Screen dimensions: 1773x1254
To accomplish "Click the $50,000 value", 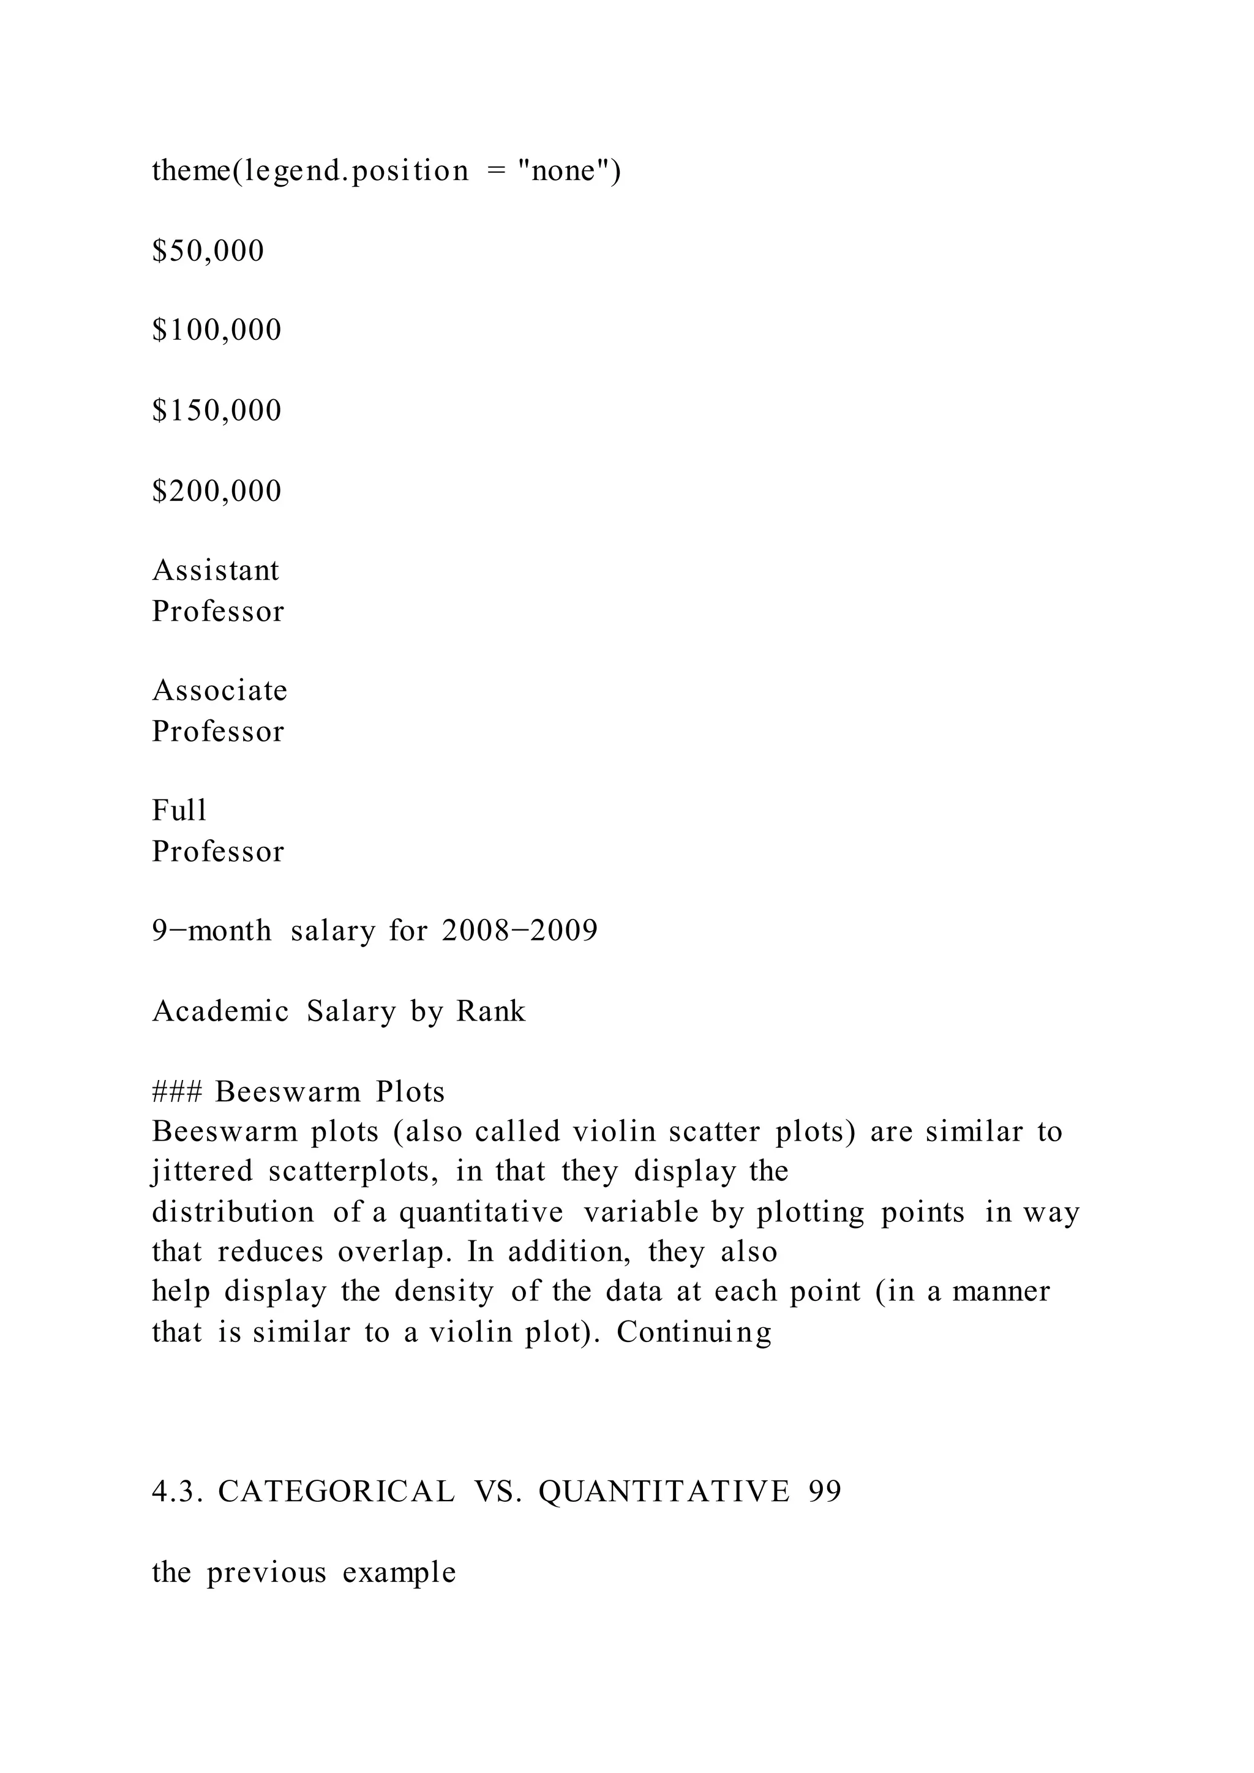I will tap(208, 251).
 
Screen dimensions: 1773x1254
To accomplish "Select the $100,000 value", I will tap(217, 331).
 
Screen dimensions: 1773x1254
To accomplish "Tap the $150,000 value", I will tap(217, 411).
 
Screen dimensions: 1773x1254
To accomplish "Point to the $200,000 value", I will tap(217, 491).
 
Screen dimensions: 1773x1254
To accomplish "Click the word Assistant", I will tap(216, 571).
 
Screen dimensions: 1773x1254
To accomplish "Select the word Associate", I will tap(219, 691).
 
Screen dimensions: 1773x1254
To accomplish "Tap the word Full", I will tap(179, 811).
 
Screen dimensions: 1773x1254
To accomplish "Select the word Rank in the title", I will tap(490, 1011).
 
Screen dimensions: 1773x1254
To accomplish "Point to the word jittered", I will tap(201, 1172).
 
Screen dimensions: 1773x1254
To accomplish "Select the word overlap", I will tap(394, 1252).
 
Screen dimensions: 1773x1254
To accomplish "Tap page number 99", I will tap(825, 1492).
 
